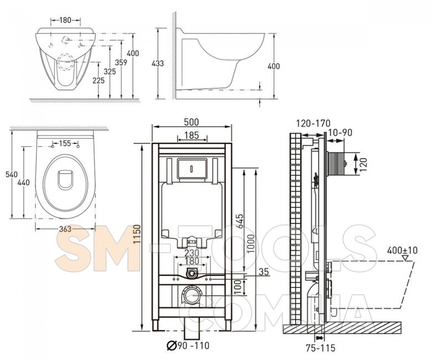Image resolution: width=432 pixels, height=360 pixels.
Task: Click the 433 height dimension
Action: coord(158,63)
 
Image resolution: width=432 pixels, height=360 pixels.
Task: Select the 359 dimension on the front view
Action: coord(121,63)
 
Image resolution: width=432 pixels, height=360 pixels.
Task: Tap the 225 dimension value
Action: coord(99,80)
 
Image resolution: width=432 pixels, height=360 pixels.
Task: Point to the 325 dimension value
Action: coord(110,71)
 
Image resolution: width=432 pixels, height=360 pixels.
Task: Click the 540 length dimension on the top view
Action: coord(12,174)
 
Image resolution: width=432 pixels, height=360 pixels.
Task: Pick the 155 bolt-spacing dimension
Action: coord(65,143)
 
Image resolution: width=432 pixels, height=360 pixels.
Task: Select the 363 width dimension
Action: coord(65,229)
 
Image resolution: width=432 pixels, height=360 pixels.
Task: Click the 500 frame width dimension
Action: coord(192,122)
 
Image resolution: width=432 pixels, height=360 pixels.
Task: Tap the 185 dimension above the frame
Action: coord(192,135)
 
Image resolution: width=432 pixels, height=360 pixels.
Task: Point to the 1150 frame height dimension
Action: coord(137,234)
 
